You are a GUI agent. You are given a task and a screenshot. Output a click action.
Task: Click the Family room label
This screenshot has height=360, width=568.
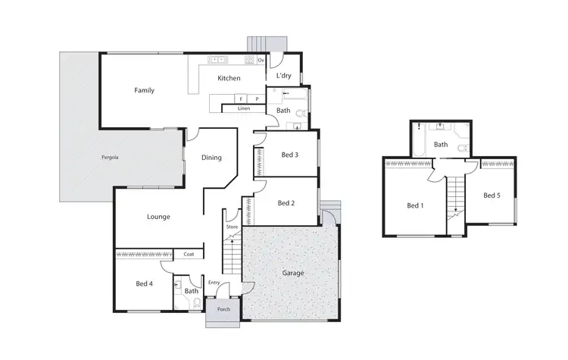point(144,90)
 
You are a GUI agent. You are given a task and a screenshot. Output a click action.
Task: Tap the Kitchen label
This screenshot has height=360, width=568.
point(229,79)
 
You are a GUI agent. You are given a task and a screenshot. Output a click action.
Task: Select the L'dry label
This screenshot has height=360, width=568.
point(284,76)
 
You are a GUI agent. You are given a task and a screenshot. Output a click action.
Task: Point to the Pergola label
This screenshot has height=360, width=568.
point(111,158)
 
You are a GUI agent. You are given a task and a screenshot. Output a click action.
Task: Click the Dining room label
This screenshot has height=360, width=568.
point(211,158)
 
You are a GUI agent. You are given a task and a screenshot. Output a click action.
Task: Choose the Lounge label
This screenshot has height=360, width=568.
point(158,217)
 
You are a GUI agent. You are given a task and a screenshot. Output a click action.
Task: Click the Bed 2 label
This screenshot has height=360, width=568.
point(286,203)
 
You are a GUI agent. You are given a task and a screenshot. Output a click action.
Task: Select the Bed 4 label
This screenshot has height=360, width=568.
point(144,284)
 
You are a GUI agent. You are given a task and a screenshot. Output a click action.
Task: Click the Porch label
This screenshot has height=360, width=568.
point(223,309)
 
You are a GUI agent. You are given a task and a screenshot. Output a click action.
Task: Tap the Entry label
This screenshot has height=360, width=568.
point(214,283)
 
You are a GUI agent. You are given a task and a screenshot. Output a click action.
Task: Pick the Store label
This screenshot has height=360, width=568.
point(232,227)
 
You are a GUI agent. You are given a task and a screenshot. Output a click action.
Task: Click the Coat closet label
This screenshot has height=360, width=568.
point(189,255)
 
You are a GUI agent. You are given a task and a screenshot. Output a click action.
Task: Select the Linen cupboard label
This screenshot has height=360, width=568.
point(244,108)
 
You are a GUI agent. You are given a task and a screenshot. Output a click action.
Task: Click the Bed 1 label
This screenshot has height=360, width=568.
point(415,205)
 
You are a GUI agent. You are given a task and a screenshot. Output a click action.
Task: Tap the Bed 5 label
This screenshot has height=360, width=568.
point(492,196)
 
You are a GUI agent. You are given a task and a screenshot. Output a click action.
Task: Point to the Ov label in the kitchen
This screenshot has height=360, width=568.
point(261,60)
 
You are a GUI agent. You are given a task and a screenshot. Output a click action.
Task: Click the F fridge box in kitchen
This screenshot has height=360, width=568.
point(241,99)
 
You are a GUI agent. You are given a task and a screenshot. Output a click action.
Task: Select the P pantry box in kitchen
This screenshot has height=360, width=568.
point(257,99)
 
